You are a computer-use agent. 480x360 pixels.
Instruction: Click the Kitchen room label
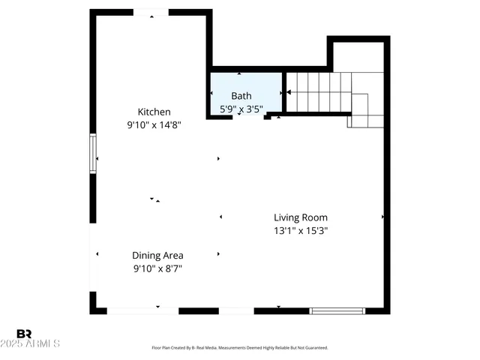pos(153,112)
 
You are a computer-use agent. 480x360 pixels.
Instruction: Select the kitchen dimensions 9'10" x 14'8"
pos(154,126)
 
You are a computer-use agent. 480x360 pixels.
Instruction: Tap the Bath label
pos(241,95)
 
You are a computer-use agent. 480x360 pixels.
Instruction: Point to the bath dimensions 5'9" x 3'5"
pos(241,109)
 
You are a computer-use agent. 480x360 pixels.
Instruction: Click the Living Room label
pos(300,217)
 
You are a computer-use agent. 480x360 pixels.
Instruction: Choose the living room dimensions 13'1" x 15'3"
pos(300,231)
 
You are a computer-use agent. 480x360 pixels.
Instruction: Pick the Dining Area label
pos(157,255)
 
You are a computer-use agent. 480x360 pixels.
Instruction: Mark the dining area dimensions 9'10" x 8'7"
pos(157,268)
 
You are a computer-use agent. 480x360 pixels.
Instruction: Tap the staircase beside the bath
pos(319,93)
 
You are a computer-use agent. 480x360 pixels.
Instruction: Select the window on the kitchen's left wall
pos(93,154)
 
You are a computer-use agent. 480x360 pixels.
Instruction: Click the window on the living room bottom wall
pos(337,310)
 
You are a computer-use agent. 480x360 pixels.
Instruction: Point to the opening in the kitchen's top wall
pos(151,13)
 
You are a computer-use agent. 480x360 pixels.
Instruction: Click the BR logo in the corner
pos(24,333)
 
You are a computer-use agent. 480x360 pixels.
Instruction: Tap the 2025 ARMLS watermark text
pos(30,343)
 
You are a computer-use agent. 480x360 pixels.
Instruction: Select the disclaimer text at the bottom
pos(239,348)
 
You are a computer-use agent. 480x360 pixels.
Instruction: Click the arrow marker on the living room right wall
pos(382,217)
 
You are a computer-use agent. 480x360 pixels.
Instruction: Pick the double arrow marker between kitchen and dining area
pos(154,199)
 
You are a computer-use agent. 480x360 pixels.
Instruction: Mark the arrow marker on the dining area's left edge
pos(97,254)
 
